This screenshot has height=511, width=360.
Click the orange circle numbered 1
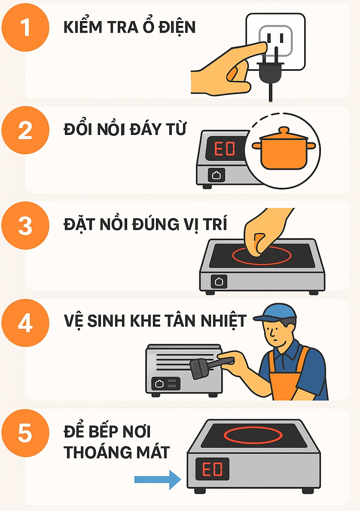click(25, 28)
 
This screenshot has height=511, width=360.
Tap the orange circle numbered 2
click(25, 130)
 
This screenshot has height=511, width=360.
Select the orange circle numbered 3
click(25, 226)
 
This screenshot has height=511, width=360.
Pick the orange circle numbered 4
click(25, 323)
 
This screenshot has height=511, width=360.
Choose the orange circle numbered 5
click(25, 433)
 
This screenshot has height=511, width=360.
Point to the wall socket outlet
click(276, 41)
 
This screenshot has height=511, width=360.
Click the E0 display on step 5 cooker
click(212, 469)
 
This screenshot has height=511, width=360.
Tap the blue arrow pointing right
click(158, 480)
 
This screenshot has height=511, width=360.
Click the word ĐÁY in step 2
click(144, 129)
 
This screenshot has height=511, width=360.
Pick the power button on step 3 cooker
click(219, 282)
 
